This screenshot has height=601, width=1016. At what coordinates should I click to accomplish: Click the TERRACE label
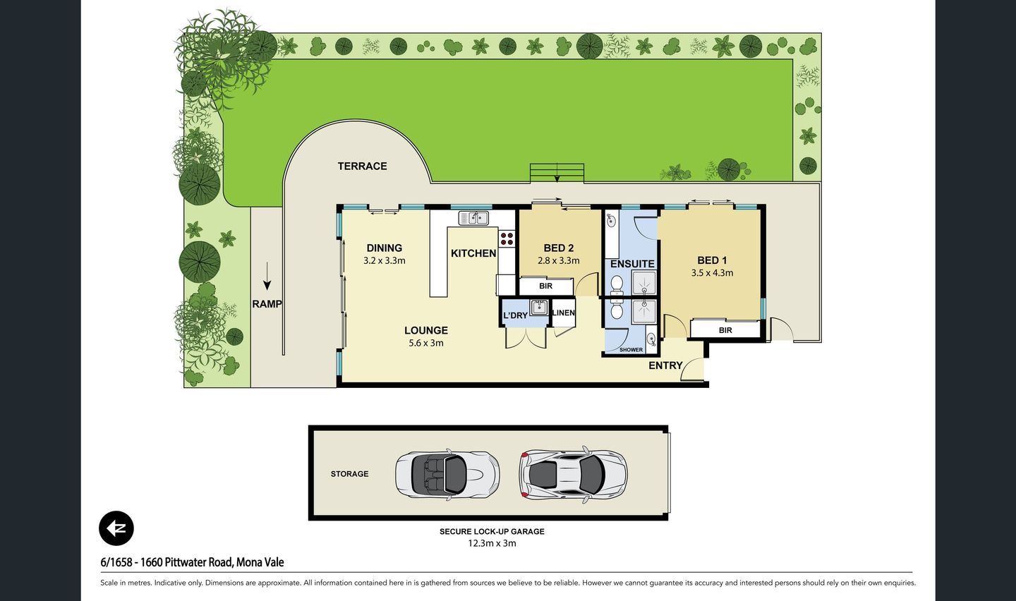[x=362, y=166]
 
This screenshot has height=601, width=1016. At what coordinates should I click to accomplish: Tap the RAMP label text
[x=267, y=304]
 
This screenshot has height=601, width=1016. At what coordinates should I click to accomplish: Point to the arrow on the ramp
[x=267, y=276]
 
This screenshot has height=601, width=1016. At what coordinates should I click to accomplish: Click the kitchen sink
[x=473, y=218]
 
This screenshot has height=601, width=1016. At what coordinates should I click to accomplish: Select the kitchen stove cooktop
[x=507, y=238]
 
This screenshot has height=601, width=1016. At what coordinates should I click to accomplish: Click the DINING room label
[x=385, y=248]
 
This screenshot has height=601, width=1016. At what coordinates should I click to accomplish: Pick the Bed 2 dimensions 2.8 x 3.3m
[x=559, y=260]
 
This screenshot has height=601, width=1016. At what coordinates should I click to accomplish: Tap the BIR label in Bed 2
[x=545, y=286]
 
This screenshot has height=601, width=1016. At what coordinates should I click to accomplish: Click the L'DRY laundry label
[x=515, y=315]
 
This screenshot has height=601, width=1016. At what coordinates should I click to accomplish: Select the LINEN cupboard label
[x=563, y=312]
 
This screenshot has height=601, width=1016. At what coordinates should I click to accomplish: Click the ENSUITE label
[x=632, y=264]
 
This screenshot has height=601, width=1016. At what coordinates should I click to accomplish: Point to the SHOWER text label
[x=631, y=350]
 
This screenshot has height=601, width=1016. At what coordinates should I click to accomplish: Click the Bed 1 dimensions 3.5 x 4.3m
[x=712, y=273]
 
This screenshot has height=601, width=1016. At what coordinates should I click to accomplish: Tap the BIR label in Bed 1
[x=725, y=330]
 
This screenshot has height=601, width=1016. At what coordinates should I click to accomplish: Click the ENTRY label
[x=665, y=365]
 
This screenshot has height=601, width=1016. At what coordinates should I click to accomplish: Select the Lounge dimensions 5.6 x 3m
[x=426, y=343]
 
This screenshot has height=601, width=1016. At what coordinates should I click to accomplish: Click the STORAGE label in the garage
[x=350, y=474]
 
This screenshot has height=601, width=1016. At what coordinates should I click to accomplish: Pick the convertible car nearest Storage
[x=447, y=474]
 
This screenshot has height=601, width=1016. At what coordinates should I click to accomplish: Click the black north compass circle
[x=116, y=528]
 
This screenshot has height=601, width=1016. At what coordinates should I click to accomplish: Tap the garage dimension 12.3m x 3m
[x=492, y=543]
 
